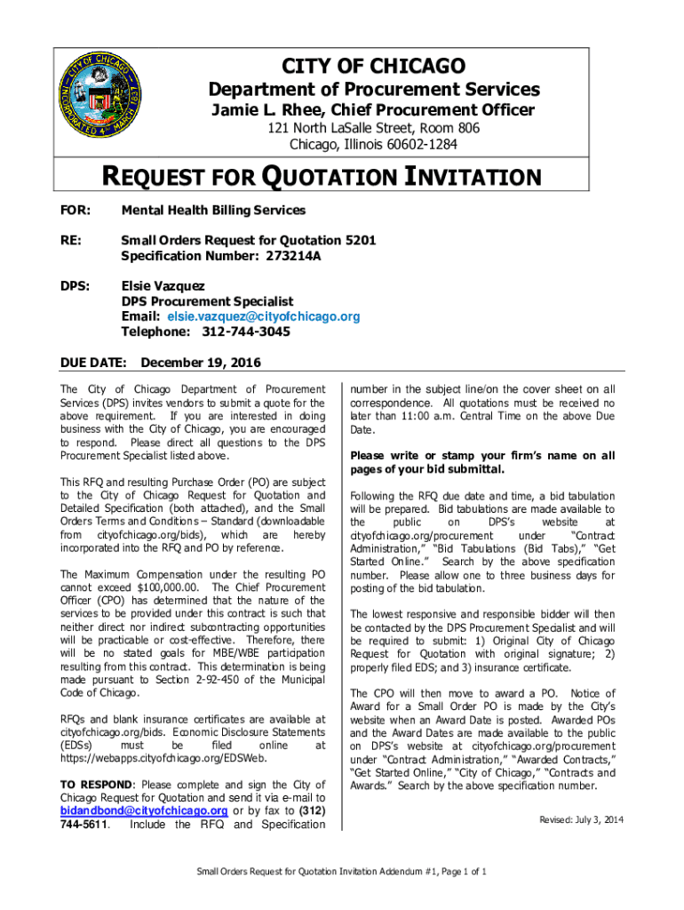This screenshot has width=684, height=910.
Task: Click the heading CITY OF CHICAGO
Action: click(373, 66)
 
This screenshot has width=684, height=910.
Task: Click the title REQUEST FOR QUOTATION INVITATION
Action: click(322, 178)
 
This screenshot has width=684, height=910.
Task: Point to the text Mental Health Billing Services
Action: click(213, 211)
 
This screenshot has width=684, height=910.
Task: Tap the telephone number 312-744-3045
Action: click(240, 331)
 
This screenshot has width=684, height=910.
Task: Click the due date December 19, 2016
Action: click(201, 363)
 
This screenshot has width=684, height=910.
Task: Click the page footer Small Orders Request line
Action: click(340, 871)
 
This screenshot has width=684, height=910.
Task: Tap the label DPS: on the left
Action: click(74, 286)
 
